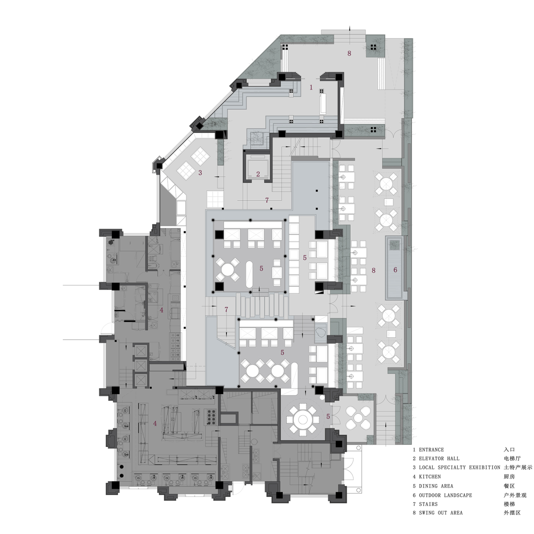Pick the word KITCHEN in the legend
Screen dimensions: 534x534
point(430,477)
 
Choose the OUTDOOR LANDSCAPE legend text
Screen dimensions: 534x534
point(445,495)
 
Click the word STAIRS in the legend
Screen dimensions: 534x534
point(428,504)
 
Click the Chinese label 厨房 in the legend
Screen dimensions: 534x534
point(509,477)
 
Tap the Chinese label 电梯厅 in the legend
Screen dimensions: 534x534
point(512,459)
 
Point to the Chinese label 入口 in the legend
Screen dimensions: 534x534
point(509,450)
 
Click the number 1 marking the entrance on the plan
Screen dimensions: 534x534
point(311,87)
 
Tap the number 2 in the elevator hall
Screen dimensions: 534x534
point(258,174)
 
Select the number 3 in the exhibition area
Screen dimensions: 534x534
point(200,173)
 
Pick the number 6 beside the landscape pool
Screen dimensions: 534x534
point(395,270)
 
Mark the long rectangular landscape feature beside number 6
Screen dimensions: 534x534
point(395,267)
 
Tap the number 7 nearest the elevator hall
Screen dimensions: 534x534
point(267,200)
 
